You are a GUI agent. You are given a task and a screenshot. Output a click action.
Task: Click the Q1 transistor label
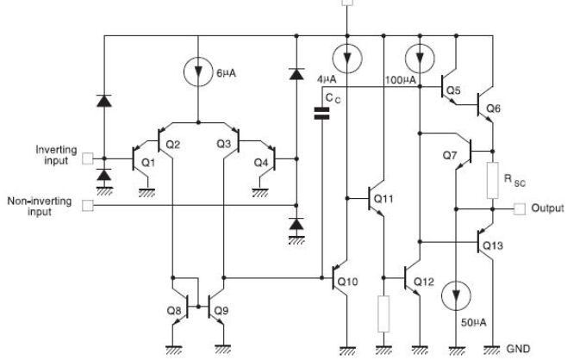coord(147,161)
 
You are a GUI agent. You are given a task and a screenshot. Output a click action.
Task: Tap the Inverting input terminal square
coord(87,158)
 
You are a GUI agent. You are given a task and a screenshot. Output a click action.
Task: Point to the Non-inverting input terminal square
coord(87,206)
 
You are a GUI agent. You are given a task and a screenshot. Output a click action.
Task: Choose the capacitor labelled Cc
coord(322,115)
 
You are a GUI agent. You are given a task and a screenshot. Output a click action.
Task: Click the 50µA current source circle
coord(454,296)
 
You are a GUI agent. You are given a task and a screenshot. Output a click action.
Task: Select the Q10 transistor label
coord(347,281)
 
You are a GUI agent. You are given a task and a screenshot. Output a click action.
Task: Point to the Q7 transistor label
coord(448,157)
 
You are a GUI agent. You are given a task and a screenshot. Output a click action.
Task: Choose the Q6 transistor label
coord(493,108)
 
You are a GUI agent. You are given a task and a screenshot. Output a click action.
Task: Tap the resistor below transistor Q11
coord(382,315)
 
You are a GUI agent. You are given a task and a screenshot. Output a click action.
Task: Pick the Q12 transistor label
coord(423,282)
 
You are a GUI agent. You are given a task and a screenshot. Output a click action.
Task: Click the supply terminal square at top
coord(347,3)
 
